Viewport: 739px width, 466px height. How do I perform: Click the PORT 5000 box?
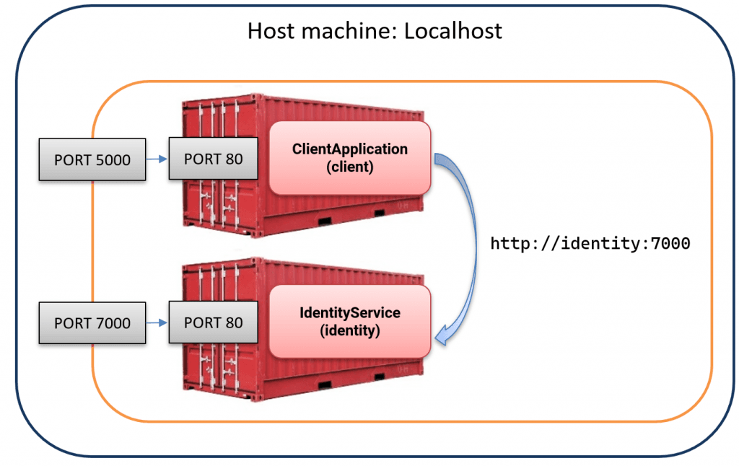[x=92, y=159]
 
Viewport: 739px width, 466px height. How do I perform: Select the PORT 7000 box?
[x=92, y=322]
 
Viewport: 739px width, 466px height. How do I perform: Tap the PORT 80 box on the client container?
[x=213, y=159]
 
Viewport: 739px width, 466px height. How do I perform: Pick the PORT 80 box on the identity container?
[x=213, y=322]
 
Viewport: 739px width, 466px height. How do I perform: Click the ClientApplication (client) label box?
[x=349, y=157]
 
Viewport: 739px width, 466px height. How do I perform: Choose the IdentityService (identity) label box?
[x=349, y=322]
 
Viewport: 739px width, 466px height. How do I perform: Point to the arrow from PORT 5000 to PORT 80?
[x=157, y=159]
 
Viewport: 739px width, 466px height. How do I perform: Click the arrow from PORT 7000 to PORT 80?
[x=157, y=322]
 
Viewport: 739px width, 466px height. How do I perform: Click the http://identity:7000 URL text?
[x=590, y=244]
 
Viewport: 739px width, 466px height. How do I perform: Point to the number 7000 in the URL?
[x=670, y=244]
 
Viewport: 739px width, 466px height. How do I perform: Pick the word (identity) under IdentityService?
[x=349, y=330]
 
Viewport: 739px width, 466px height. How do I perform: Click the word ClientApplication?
[x=349, y=149]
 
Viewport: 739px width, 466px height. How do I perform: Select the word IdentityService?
[x=349, y=314]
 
